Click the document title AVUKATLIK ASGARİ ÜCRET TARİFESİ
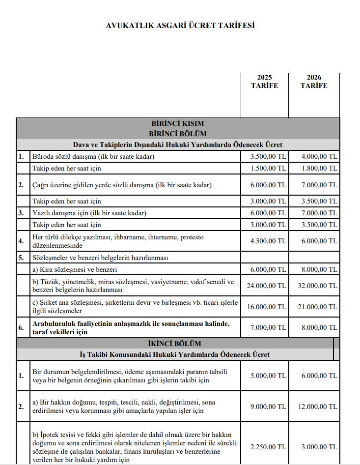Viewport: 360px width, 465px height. (180, 26)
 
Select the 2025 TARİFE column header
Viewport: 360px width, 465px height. (264, 82)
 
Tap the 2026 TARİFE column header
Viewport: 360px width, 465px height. (314, 82)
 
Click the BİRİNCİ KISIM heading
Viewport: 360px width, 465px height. (178, 124)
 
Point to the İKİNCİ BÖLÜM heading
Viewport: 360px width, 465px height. (178, 344)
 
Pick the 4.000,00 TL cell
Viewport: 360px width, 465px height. (319, 157)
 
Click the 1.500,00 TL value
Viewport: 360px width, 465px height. (268, 168)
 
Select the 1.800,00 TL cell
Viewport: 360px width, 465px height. (319, 168)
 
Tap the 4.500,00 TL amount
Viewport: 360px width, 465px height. (268, 241)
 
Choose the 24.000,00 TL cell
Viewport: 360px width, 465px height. (267, 286)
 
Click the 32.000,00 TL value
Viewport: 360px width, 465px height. (318, 286)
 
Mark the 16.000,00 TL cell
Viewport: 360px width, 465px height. (267, 307)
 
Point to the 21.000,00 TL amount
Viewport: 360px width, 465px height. (318, 307)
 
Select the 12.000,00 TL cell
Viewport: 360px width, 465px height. (318, 407)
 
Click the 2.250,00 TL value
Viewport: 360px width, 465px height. (268, 447)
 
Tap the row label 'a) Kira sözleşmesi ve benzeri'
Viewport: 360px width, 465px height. (75, 269)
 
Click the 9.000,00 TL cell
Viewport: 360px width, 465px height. (268, 407)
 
